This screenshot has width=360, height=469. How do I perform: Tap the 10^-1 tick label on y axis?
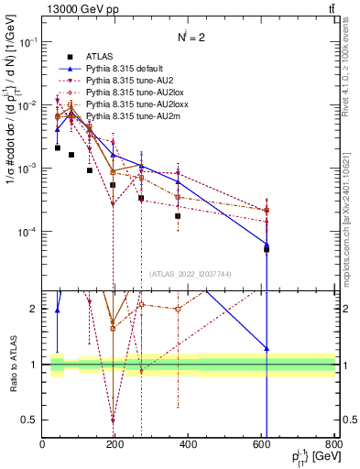[x=25, y=42]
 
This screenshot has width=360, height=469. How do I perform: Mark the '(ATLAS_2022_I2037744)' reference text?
[x=190, y=274]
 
